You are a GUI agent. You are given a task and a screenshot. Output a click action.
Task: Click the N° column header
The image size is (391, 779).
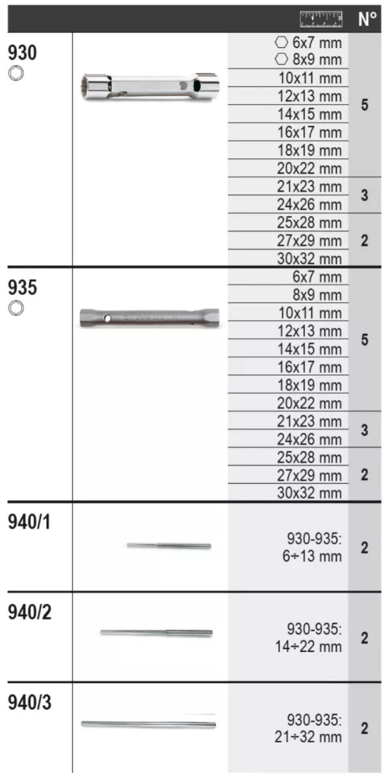click(367, 19)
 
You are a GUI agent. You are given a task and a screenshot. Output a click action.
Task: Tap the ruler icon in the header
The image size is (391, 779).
click(321, 18)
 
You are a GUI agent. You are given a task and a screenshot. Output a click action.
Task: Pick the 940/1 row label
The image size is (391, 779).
click(30, 523)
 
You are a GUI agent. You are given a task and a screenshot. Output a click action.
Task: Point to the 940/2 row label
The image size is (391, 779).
click(30, 612)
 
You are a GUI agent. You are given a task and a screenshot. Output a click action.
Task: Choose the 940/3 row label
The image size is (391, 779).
click(30, 702)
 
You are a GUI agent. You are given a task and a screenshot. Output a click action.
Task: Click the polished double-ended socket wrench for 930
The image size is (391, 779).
click(150, 87)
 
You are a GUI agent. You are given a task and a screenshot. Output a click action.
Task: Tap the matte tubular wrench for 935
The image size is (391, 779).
click(149, 317)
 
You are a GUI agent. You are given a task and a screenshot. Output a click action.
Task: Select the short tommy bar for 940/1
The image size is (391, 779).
click(169, 545)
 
